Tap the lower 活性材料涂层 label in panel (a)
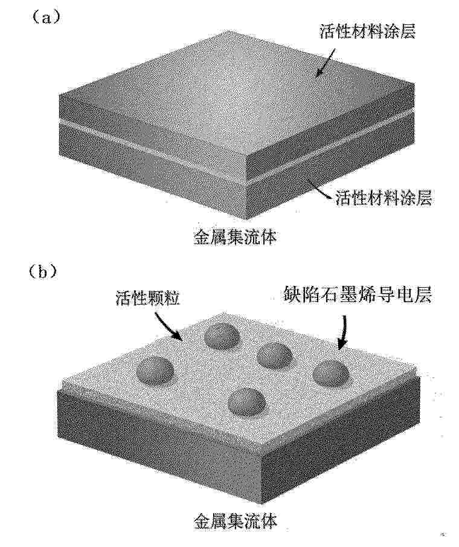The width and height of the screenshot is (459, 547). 384,198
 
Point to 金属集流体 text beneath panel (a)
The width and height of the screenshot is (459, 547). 235,237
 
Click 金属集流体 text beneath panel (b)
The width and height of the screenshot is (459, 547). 236,522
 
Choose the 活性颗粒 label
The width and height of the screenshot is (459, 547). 148,299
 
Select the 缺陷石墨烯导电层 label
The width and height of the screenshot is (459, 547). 357,295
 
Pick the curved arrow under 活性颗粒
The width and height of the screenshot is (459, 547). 167,326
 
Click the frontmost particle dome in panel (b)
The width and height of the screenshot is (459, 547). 247,403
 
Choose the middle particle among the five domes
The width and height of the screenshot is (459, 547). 275,355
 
